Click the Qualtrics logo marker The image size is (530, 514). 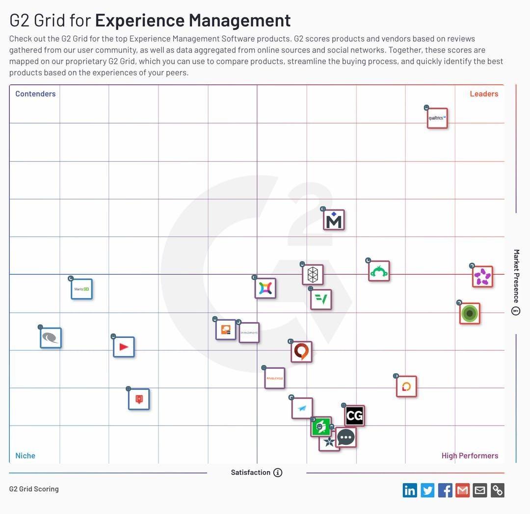coord(437,118)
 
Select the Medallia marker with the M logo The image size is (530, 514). coord(334,220)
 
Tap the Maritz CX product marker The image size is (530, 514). coord(81,289)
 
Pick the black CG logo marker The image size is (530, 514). coord(354,416)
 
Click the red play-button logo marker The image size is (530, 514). coord(124,347)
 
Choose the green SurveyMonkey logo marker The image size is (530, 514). coord(379,271)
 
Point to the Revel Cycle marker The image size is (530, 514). coord(274,378)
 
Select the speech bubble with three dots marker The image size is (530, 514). coord(346,437)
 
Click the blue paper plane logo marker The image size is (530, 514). coord(302,408)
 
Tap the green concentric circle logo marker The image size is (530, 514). coord(470,313)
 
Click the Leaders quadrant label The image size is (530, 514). coord(484,94)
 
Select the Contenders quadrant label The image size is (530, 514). coord(35,94)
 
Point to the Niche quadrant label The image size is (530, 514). coord(25,456)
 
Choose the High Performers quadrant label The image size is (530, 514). coord(470,456)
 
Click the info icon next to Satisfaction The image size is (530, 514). coord(278,473)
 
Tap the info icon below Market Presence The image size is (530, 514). coord(516,311)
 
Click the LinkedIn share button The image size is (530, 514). coord(410,490)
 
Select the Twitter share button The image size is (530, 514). coord(427,490)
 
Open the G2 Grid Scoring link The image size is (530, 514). coord(34,489)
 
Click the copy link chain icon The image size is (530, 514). coord(498,490)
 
